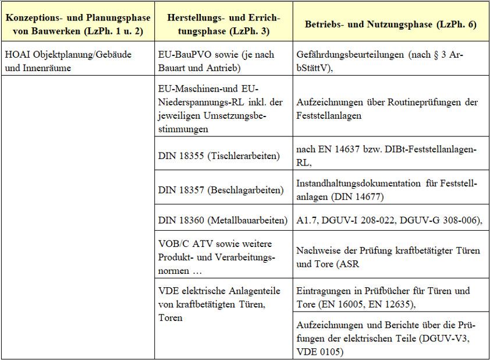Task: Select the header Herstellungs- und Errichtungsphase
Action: (x=223, y=25)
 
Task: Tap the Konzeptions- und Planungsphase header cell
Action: (x=78, y=25)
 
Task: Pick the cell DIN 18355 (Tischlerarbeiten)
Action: (x=223, y=156)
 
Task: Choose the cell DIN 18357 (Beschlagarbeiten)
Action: (x=223, y=190)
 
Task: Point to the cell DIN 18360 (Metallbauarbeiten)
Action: (x=223, y=220)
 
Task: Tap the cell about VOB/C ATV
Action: (x=223, y=256)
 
